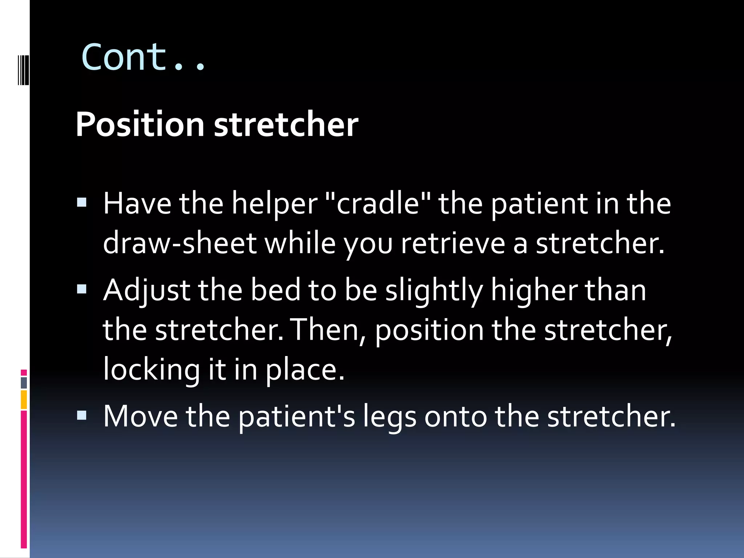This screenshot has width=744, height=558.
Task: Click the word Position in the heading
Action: pyautogui.click(x=140, y=125)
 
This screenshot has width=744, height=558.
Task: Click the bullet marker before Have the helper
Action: pyautogui.click(x=82, y=202)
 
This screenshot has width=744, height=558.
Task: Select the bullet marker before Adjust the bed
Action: pyautogui.click(x=82, y=289)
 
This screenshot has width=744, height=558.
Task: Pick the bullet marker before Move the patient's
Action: pyautogui.click(x=82, y=415)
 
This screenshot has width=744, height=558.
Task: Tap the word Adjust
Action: pyautogui.click(x=147, y=291)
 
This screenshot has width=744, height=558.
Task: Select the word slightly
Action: pyautogui.click(x=434, y=291)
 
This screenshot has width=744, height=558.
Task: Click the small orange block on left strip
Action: pyautogui.click(x=24, y=400)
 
